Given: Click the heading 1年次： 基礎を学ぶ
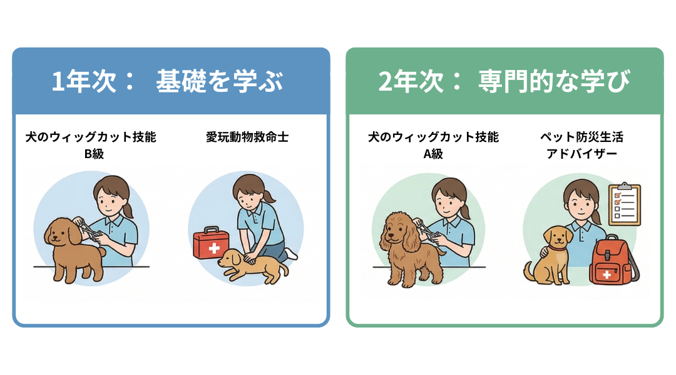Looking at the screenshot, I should (167, 82).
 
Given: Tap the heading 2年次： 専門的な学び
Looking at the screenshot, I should (504, 82).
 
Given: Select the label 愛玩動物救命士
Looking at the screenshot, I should (247, 137).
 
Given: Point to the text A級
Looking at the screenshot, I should (433, 153).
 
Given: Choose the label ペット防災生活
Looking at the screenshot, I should (581, 137).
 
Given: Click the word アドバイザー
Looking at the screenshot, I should (581, 153).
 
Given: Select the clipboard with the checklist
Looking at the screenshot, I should (624, 204).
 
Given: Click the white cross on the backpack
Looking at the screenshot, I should (605, 274).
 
